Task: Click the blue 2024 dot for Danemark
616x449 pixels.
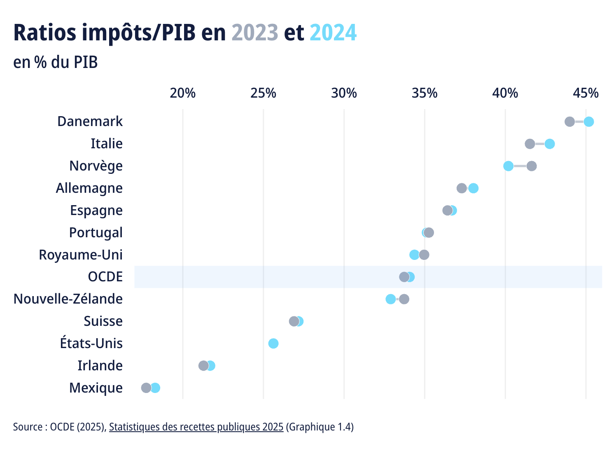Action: click(x=589, y=122)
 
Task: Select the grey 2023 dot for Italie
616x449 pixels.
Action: click(x=530, y=144)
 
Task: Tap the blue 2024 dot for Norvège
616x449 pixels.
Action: click(x=509, y=166)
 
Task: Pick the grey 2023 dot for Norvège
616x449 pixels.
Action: click(x=532, y=166)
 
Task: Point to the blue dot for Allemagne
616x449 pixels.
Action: click(x=474, y=188)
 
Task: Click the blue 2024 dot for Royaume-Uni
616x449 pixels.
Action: click(x=414, y=255)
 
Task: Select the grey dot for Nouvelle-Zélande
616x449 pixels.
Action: click(x=404, y=299)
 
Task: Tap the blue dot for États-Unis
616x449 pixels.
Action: click(x=273, y=344)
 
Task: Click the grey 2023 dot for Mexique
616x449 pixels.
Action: click(x=146, y=388)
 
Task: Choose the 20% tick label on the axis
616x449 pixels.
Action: click(x=183, y=94)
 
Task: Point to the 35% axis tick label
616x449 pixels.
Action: click(x=425, y=94)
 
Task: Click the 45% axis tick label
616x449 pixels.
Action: click(x=586, y=94)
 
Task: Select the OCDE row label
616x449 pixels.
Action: click(x=105, y=277)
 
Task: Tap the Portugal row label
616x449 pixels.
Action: click(x=96, y=233)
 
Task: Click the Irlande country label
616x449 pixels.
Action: click(x=100, y=366)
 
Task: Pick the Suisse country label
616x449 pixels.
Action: click(x=103, y=321)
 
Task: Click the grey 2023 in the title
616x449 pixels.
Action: click(x=255, y=33)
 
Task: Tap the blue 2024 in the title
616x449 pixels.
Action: click(x=333, y=33)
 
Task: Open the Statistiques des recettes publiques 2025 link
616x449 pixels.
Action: click(x=196, y=427)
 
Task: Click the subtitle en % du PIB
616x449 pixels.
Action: click(x=56, y=63)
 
